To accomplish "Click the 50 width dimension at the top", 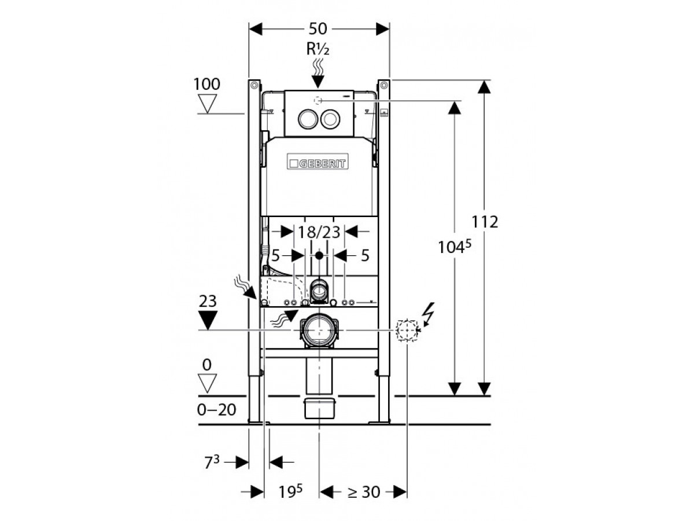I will [319, 28].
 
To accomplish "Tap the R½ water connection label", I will [318, 50].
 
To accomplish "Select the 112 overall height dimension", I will [485, 222].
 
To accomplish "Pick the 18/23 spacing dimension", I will [319, 232].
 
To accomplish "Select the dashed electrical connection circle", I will [407, 330].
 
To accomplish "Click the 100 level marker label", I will [206, 84].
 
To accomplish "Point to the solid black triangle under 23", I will [207, 318].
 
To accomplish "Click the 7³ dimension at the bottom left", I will [211, 462].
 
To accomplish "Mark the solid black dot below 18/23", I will [319, 255].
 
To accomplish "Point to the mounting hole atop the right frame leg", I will [383, 87].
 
